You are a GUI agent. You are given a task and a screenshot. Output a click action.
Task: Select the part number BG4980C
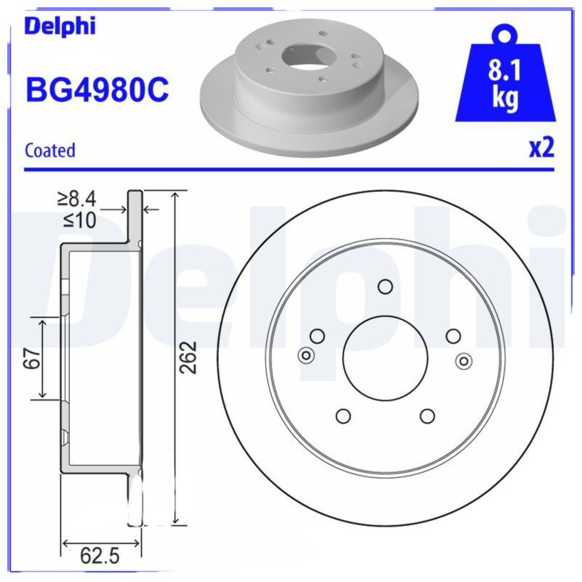pyautogui.click(x=97, y=91)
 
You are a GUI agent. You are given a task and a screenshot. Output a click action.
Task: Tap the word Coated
pyautogui.click(x=50, y=151)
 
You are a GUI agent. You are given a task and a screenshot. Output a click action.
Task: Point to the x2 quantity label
pyautogui.click(x=541, y=148)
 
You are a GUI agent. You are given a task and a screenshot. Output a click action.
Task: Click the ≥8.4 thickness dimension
pyautogui.click(x=78, y=198)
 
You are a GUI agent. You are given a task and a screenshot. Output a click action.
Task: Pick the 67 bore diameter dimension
pyautogui.click(x=30, y=358)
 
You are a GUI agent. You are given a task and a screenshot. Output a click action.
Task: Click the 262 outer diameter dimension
pyautogui.click(x=188, y=357)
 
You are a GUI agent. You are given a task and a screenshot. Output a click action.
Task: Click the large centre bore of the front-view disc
pyautogui.click(x=383, y=357)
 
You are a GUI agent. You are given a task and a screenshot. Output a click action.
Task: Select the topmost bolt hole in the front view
pyautogui.click(x=385, y=286)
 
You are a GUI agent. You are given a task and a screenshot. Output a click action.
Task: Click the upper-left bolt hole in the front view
pyautogui.click(x=316, y=335)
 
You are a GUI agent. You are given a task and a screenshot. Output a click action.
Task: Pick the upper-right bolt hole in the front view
pyautogui.click(x=453, y=335)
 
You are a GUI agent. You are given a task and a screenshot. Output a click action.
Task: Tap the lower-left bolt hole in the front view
pyautogui.click(x=343, y=415)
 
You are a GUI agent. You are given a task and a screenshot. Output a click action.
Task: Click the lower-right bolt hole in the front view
pyautogui.click(x=427, y=415)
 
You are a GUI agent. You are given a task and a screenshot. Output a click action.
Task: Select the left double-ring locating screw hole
pyautogui.click(x=306, y=356)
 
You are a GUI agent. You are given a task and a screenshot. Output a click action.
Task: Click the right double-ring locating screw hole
pyautogui.click(x=463, y=359)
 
